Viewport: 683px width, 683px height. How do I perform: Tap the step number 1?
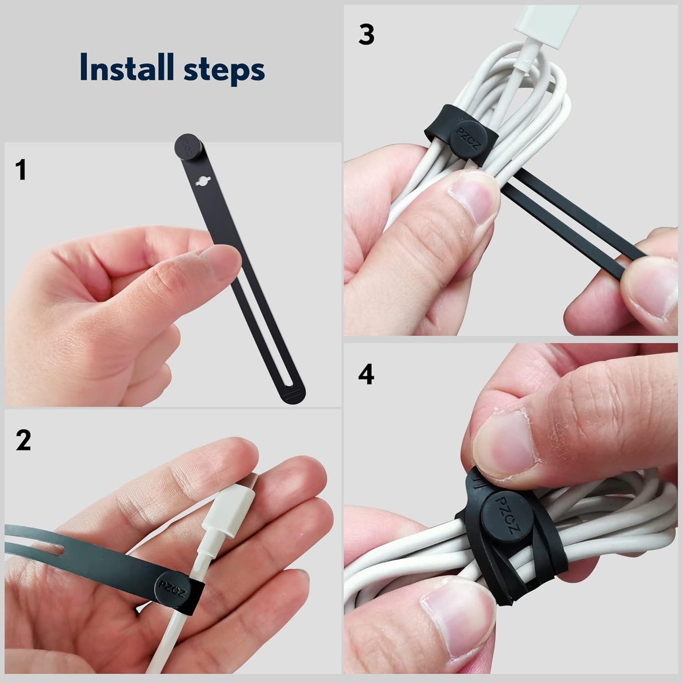(21, 170)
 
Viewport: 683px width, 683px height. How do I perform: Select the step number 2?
(23, 440)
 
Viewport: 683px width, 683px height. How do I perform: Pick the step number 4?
(366, 375)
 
